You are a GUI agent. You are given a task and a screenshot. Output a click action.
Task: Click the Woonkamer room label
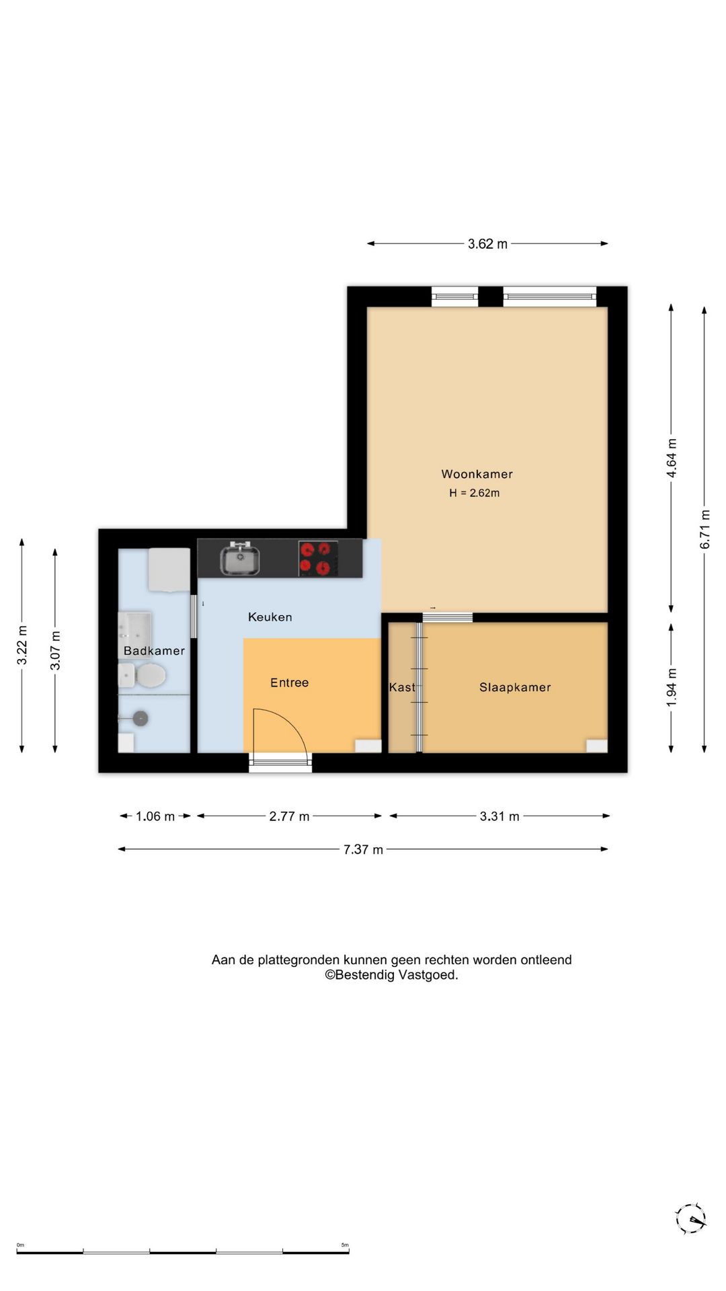(x=477, y=474)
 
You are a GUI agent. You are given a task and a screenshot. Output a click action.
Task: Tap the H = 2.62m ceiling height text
(x=475, y=493)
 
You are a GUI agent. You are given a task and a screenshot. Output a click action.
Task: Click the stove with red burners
(x=318, y=559)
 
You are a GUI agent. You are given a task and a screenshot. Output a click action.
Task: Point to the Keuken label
(x=270, y=617)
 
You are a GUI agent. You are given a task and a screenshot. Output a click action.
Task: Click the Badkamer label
(x=154, y=651)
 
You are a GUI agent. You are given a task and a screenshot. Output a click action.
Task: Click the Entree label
(x=289, y=682)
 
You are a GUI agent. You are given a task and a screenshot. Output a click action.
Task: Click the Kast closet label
(x=402, y=687)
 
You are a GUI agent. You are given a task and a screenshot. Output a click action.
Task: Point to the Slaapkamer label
(x=515, y=687)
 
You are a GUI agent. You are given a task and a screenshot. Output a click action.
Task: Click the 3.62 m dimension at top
(x=487, y=244)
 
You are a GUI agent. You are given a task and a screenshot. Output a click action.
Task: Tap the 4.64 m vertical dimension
(x=671, y=458)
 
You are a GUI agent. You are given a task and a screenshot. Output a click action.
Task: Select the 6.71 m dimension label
(x=704, y=529)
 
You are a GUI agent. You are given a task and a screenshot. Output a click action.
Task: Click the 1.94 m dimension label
(x=671, y=687)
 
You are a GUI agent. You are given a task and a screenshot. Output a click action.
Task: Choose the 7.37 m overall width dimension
(x=363, y=849)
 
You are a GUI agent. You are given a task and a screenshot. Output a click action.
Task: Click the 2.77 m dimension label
(x=289, y=816)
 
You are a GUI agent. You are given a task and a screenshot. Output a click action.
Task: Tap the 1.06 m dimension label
(x=155, y=816)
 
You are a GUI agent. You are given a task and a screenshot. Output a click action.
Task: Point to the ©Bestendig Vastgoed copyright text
(x=391, y=975)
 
